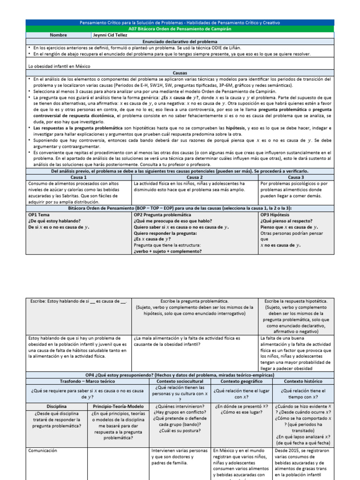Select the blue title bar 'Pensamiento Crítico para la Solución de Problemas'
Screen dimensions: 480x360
[180, 22]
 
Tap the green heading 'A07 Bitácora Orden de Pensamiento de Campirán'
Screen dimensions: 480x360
[180, 29]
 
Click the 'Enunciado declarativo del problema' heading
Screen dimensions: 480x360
[180, 42]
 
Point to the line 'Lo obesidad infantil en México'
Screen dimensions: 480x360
[59, 67]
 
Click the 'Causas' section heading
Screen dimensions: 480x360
[180, 74]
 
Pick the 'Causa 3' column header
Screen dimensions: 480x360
[296, 178]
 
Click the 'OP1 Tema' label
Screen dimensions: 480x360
[39, 214]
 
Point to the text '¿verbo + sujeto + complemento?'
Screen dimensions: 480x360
[168, 251]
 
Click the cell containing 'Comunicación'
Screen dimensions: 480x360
[43, 450]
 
